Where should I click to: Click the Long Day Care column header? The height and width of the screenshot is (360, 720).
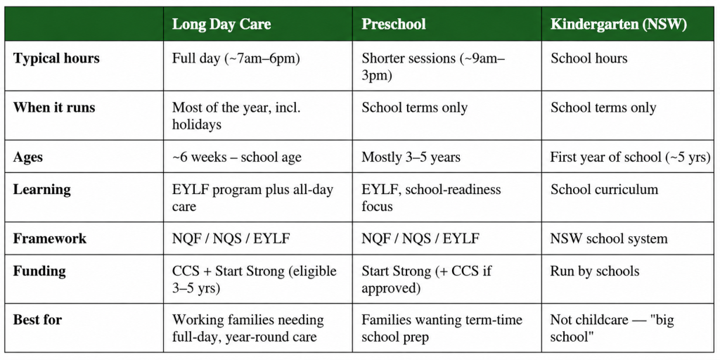click(x=221, y=25)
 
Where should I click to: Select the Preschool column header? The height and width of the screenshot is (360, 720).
click(x=394, y=25)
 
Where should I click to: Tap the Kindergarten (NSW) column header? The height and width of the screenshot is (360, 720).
click(x=619, y=25)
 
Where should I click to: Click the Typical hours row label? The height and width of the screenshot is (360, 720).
click(x=56, y=58)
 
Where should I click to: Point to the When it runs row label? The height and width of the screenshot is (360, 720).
click(x=54, y=108)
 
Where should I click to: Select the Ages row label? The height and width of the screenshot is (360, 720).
click(x=28, y=157)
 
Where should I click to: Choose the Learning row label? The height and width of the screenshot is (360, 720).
click(x=41, y=190)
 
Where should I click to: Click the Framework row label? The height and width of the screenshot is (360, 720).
click(x=50, y=238)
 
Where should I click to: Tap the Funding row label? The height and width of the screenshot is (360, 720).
click(x=39, y=271)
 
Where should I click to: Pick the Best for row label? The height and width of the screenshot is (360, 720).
click(x=37, y=320)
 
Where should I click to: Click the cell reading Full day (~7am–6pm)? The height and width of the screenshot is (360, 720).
click(x=236, y=59)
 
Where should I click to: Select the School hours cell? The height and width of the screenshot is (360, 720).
click(x=589, y=58)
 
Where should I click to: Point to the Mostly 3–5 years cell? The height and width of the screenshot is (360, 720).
click(x=411, y=157)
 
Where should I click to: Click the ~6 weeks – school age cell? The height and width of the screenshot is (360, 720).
click(x=236, y=157)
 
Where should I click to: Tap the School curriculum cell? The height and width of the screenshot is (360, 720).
click(x=604, y=190)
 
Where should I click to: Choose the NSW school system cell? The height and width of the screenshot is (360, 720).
click(x=609, y=239)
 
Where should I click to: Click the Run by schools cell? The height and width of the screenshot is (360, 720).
click(x=595, y=271)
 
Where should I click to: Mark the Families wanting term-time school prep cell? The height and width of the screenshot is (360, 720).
click(x=442, y=328)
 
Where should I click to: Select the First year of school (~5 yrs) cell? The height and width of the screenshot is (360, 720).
click(x=631, y=157)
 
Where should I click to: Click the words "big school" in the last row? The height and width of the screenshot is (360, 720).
click(x=612, y=328)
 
